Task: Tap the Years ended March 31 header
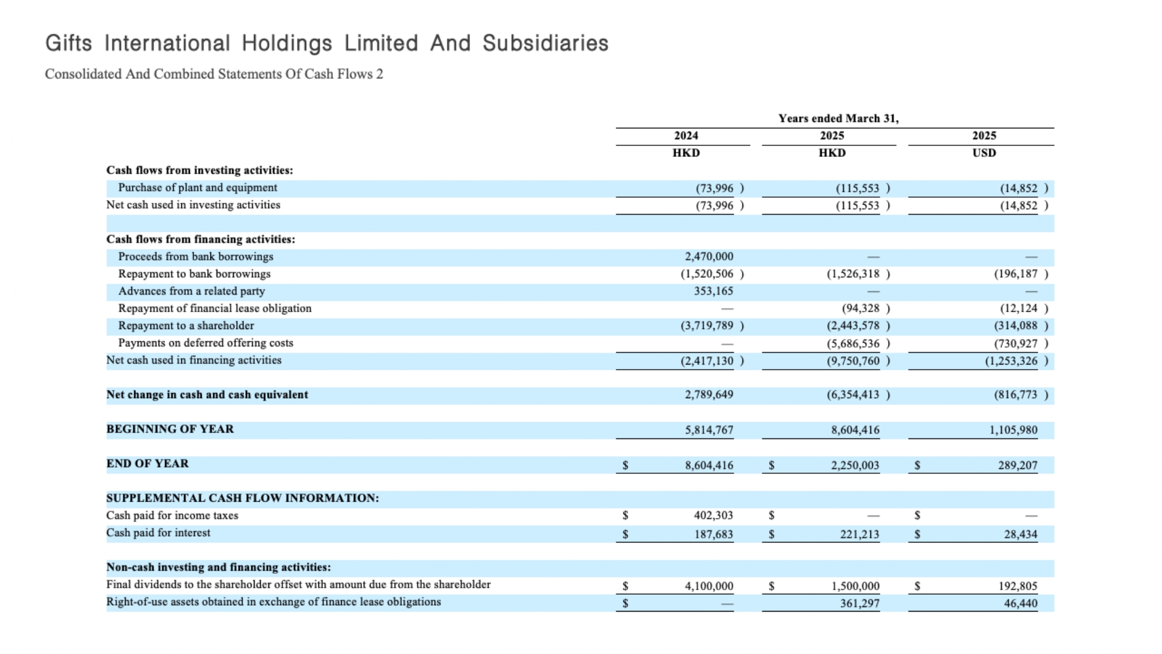tap(838, 119)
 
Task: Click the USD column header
tap(984, 153)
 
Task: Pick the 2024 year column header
tap(686, 135)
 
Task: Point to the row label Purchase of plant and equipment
tap(198, 188)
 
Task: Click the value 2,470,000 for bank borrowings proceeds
tap(709, 256)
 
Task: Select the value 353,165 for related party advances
tap(713, 291)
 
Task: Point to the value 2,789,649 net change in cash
tap(709, 395)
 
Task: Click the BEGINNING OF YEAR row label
tap(170, 429)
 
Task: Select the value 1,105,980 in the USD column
tap(1013, 430)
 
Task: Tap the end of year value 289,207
tap(1018, 465)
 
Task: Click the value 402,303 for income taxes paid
tap(713, 516)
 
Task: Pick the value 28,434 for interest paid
tap(1021, 534)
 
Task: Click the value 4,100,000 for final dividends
tap(709, 586)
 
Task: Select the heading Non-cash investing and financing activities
tap(218, 567)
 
